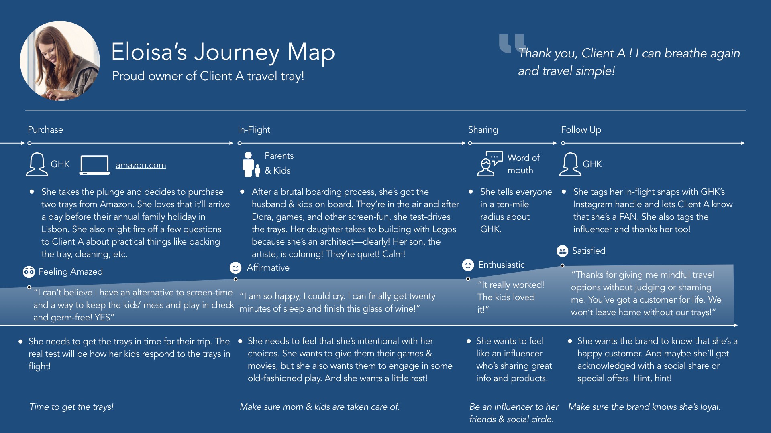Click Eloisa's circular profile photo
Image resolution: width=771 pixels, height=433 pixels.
point(60,61)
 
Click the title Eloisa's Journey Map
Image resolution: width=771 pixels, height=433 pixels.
point(223,52)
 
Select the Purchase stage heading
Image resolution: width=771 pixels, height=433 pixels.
point(45,130)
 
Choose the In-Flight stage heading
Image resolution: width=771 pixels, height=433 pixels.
point(254,130)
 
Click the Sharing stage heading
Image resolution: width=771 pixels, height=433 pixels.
point(483,130)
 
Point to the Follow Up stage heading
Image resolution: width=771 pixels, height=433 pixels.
point(581,130)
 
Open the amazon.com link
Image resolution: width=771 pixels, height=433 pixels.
point(141,165)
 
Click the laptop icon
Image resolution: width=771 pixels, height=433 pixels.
point(95,165)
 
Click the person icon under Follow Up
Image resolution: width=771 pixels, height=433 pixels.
point(570,164)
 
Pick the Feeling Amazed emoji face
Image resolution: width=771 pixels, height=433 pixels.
point(29,272)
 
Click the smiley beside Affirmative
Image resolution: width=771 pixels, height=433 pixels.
point(235,268)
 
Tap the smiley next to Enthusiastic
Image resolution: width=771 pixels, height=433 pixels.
point(467,265)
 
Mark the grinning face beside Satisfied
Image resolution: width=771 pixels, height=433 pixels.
point(562,251)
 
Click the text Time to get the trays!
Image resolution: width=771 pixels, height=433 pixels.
point(71,407)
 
